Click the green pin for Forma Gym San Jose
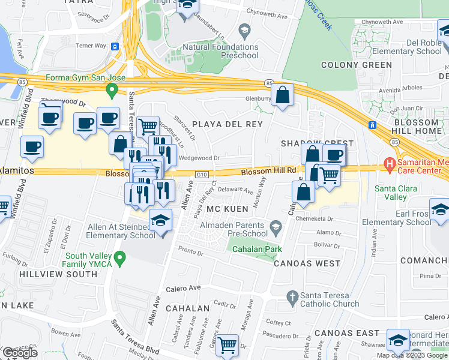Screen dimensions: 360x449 pos(111,91)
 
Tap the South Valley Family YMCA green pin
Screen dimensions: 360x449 pos(120,259)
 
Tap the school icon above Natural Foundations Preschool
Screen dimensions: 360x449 pos(244,30)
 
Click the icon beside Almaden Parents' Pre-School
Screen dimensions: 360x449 pos(276,226)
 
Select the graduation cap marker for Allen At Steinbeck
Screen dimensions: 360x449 pos(160,223)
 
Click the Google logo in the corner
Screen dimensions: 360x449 pos(20,353)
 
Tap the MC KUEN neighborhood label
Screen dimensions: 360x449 pos(228,209)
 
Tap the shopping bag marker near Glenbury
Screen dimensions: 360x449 pos(282,96)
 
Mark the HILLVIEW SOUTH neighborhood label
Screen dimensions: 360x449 pos(58,274)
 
